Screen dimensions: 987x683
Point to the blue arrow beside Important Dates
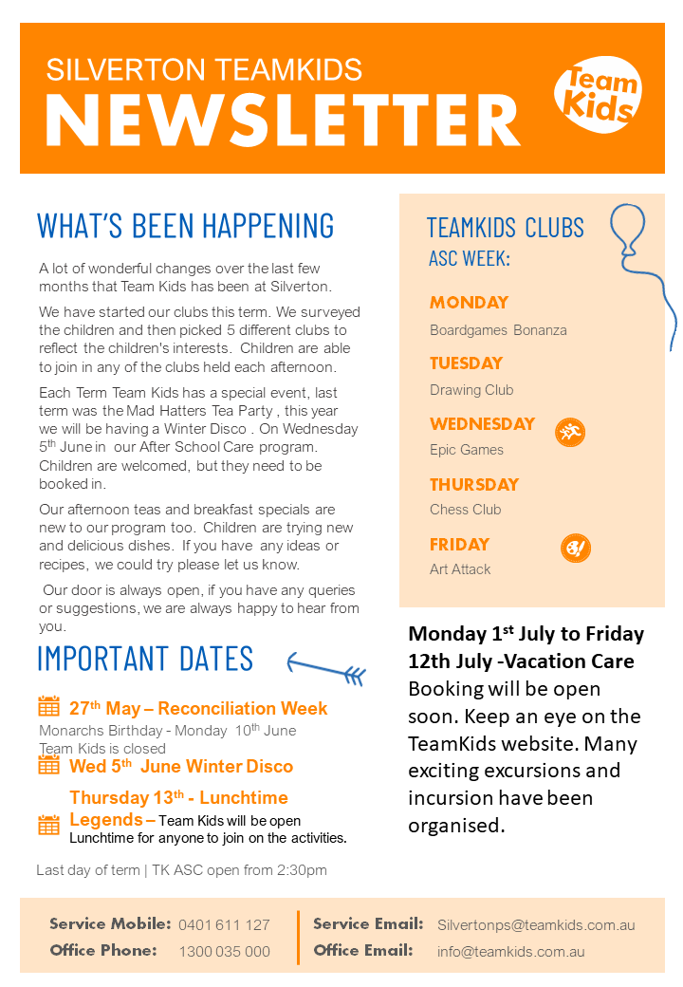point(326,668)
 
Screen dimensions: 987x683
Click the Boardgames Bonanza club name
point(498,330)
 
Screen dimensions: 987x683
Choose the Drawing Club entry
point(471,390)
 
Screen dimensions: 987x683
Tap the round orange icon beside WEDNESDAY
point(570,433)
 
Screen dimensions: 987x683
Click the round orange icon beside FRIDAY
point(576,549)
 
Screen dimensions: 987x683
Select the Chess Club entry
point(465,510)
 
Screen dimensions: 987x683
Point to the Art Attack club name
point(460,569)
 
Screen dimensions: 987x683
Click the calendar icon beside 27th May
point(48,706)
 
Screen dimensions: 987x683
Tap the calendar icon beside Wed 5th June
point(48,764)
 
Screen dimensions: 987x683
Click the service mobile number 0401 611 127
point(224,924)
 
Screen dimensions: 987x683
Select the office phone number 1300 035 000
point(224,951)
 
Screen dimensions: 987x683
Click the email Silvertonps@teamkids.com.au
point(536,924)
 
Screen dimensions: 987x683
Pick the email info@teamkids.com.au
point(510,951)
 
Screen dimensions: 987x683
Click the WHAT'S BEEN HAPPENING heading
point(186,226)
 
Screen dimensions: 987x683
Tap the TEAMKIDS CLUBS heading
point(505,228)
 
